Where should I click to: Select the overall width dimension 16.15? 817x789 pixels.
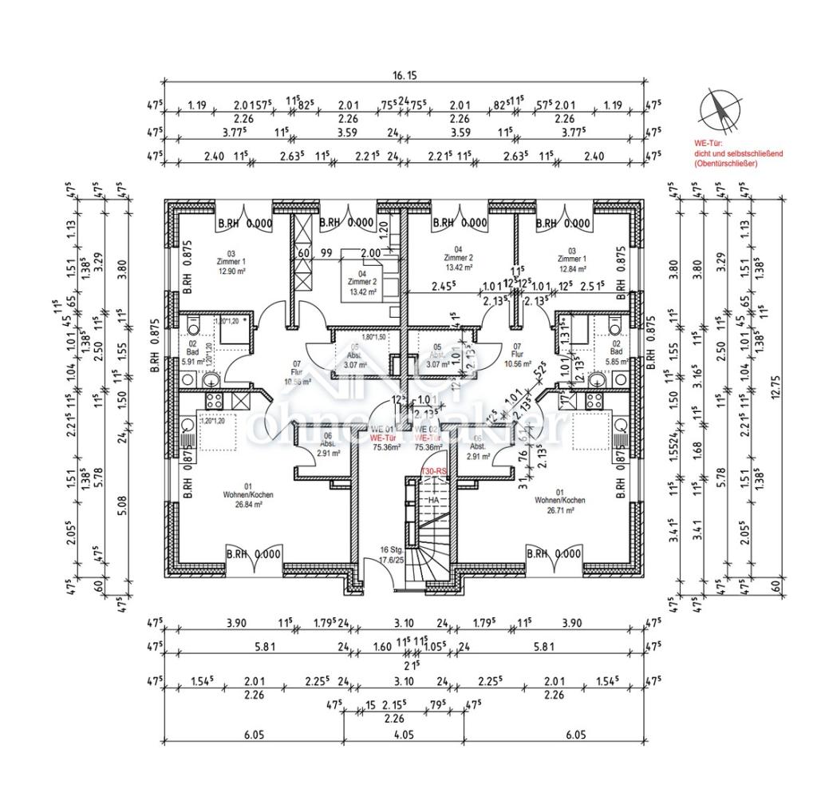click(405, 75)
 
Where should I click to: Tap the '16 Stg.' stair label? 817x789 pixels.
click(390, 550)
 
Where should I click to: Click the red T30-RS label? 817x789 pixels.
click(433, 474)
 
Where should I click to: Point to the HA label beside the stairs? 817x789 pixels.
click(434, 500)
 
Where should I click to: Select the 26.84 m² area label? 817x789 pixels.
click(248, 505)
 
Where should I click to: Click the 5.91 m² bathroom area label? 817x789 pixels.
click(192, 361)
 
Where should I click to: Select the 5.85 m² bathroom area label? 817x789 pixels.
click(616, 361)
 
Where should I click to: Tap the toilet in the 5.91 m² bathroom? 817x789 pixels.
click(192, 326)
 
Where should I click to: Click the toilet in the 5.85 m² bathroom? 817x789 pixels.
click(614, 326)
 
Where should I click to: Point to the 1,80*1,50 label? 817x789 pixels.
click(373, 336)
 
